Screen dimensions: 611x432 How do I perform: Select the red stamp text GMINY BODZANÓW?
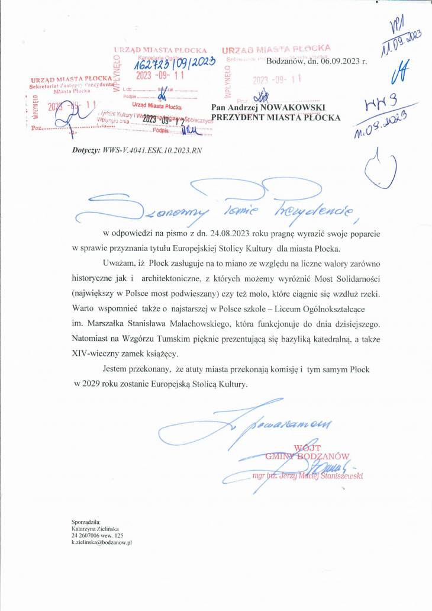(307, 456)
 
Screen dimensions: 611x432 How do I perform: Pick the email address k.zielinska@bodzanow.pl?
(101, 542)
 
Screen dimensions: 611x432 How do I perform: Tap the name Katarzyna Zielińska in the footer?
(95, 528)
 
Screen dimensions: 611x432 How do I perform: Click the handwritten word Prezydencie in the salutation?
(320, 209)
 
